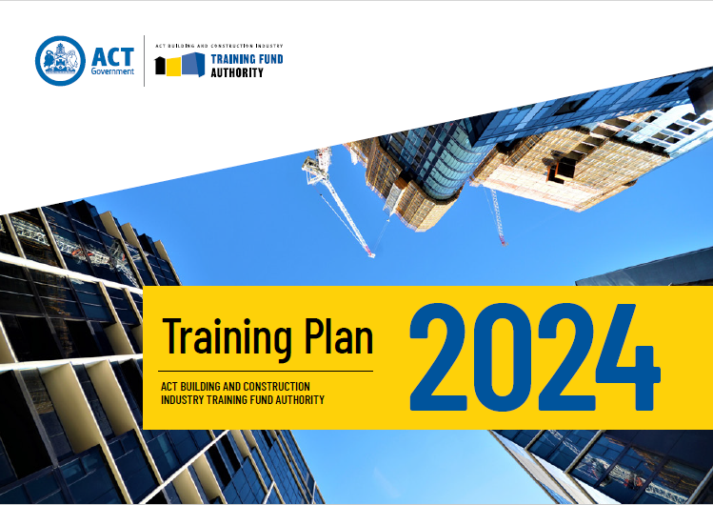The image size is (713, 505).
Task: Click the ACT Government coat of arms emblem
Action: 60,61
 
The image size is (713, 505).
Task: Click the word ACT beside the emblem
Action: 112,57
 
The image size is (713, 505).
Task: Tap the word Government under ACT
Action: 112,71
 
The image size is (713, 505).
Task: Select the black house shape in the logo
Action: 160,66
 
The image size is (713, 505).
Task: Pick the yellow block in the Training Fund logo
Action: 173,67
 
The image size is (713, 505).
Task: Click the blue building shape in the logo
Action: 193,64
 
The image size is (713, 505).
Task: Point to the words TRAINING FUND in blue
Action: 247,59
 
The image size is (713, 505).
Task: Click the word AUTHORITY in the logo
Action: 237,72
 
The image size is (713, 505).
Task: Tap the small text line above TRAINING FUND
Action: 219,46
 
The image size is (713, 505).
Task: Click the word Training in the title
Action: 228,337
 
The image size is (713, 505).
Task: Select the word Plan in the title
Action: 339,335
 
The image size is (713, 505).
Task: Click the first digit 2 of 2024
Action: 438,357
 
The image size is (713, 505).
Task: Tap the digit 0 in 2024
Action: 503,357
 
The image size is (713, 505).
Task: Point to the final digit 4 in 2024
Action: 628,357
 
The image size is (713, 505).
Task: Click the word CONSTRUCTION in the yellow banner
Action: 276,386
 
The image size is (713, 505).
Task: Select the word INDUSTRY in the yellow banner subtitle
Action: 183,400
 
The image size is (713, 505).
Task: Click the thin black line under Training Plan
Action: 266,372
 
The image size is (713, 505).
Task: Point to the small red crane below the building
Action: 499,217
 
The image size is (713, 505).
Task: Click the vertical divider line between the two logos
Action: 145,61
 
